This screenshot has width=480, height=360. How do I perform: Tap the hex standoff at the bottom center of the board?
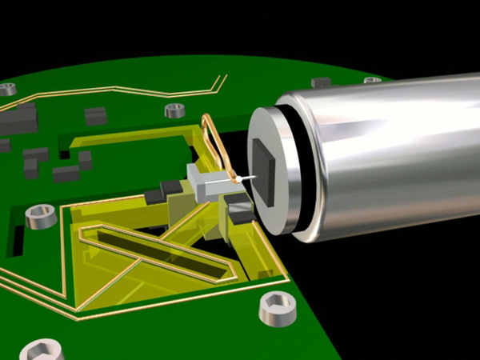(x=277, y=309)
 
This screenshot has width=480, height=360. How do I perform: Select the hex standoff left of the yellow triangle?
(x=38, y=216)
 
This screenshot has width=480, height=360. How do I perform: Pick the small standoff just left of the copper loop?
(x=174, y=110)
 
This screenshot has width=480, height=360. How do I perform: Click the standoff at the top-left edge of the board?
(x=7, y=89)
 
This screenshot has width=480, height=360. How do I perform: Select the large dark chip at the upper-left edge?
(x=18, y=119)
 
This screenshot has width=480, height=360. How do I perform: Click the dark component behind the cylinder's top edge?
(x=321, y=82)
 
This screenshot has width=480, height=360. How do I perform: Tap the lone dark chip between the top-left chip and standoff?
(x=96, y=116)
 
